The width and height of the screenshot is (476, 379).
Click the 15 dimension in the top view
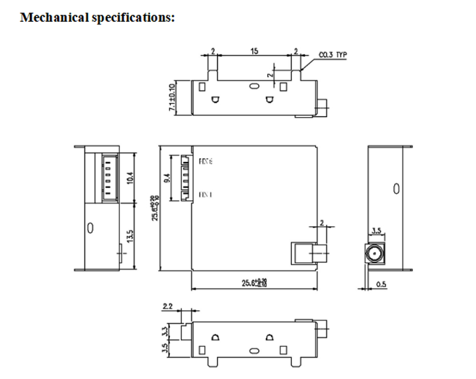click(x=254, y=51)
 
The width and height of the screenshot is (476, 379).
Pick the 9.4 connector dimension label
click(x=167, y=178)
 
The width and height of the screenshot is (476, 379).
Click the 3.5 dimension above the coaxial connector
click(x=376, y=232)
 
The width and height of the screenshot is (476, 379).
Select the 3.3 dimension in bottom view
click(x=173, y=329)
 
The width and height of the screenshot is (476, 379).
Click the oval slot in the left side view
click(x=90, y=228)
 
